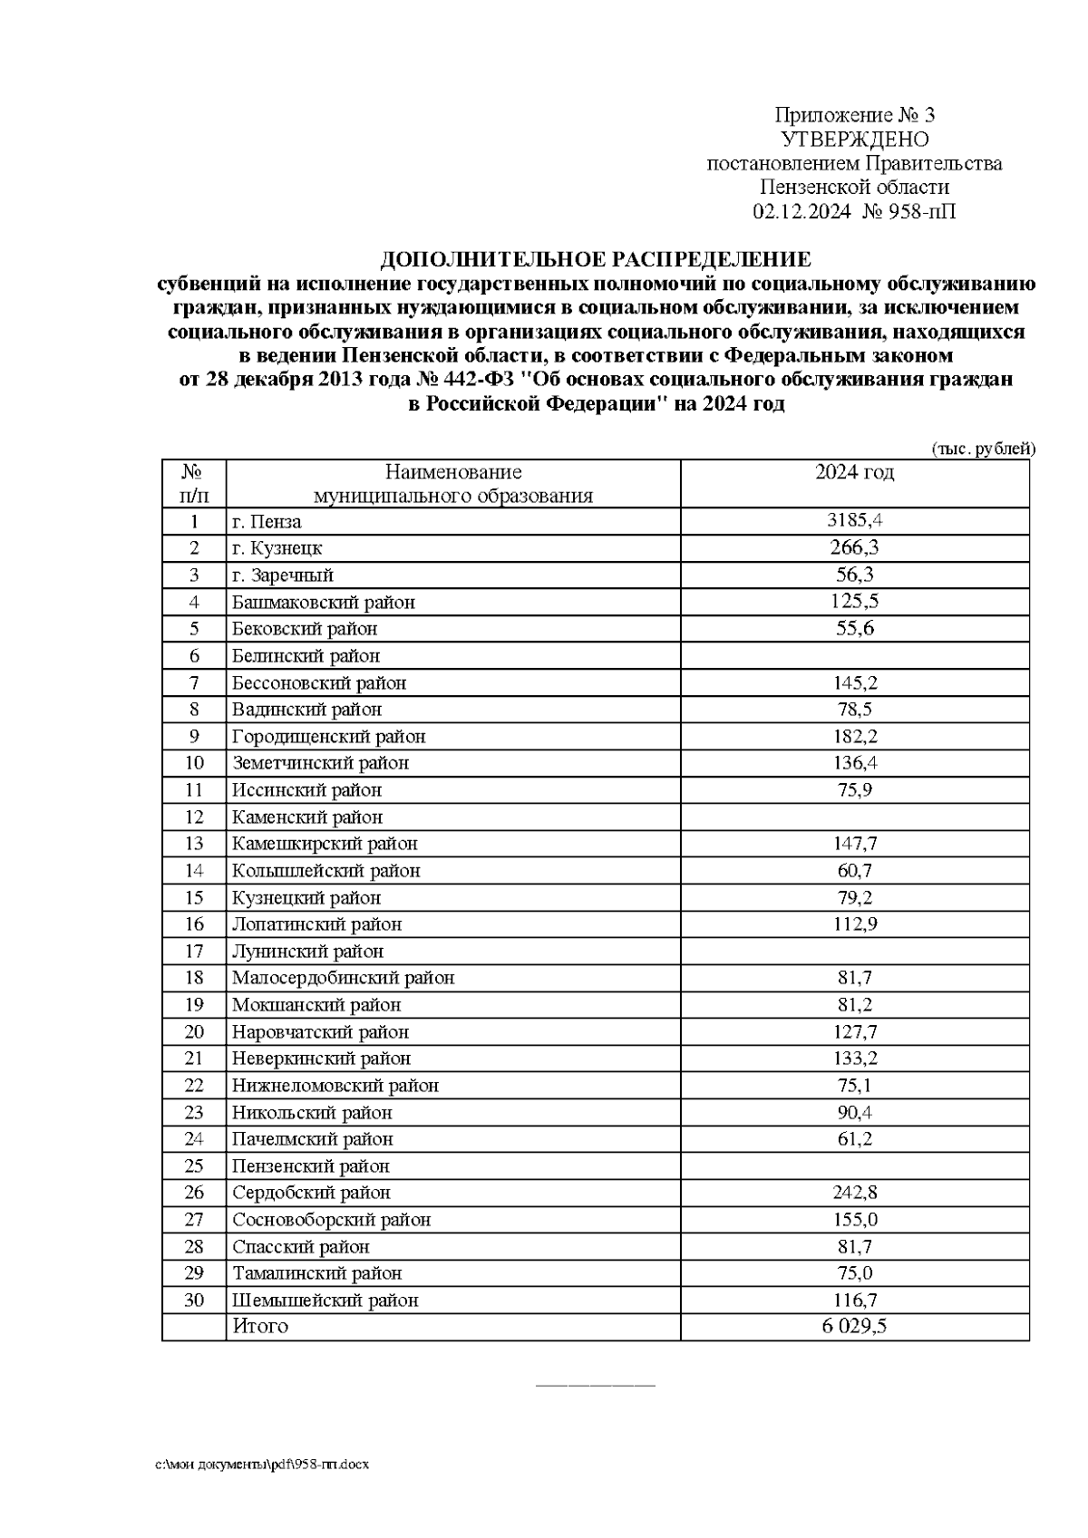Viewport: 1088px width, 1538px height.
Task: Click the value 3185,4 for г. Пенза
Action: click(854, 521)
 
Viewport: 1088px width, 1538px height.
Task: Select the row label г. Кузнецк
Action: click(277, 548)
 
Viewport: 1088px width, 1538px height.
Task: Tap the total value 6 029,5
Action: click(854, 1326)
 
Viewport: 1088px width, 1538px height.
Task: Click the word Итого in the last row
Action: click(260, 1326)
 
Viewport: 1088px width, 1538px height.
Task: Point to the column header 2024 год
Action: click(854, 472)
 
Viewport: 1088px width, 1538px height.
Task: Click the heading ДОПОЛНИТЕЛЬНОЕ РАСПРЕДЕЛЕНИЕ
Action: click(596, 260)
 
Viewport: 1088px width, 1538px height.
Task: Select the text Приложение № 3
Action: click(854, 115)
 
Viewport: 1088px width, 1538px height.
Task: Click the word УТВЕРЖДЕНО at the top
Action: click(854, 140)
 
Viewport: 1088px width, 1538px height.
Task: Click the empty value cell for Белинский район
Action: click(854, 655)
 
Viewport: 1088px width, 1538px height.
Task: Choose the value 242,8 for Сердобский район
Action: click(854, 1193)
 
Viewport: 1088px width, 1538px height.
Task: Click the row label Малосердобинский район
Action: click(343, 978)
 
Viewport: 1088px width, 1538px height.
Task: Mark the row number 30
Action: click(194, 1300)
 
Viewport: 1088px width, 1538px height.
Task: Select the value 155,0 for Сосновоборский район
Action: click(854, 1220)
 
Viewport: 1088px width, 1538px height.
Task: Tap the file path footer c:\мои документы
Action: click(262, 1465)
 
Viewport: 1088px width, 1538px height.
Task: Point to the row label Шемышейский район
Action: click(325, 1300)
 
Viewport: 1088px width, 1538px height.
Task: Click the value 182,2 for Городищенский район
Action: click(854, 736)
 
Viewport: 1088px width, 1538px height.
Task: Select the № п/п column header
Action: click(194, 483)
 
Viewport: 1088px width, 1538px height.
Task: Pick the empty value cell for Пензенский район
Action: click(854, 1166)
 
